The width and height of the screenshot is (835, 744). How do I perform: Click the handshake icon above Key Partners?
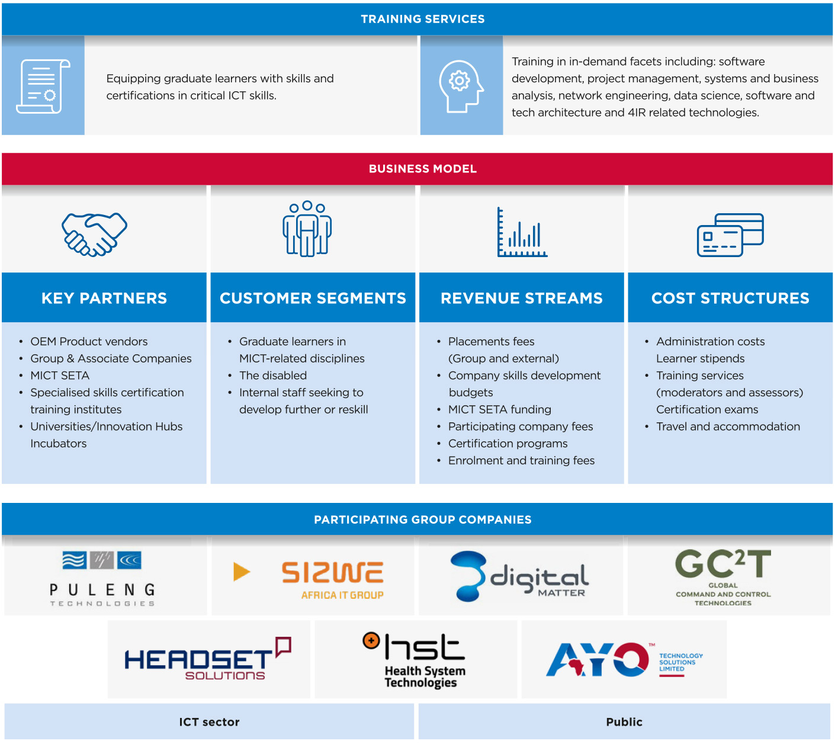95,234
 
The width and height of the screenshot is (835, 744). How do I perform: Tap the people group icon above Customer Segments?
307,229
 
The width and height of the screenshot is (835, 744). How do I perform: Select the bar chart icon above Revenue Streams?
522,232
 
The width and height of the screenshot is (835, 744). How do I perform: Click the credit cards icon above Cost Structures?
730,235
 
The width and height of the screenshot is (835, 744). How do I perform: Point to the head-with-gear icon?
461,86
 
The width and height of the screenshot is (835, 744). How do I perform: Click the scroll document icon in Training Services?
43,86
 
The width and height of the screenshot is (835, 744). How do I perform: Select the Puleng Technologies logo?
102,578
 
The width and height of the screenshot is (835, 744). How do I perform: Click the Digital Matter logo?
520,576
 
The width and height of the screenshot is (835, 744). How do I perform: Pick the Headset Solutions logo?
207,659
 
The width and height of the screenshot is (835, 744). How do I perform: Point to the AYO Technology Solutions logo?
624,660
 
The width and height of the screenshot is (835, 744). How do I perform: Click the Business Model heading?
423,169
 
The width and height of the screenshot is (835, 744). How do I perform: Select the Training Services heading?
423,19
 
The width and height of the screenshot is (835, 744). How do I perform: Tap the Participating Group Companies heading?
423,519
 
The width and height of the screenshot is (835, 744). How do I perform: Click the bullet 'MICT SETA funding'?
499,409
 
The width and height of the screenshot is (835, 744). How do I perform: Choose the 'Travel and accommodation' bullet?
728,426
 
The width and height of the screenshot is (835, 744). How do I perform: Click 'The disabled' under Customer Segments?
273,376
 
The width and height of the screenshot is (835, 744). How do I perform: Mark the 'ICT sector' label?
209,721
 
